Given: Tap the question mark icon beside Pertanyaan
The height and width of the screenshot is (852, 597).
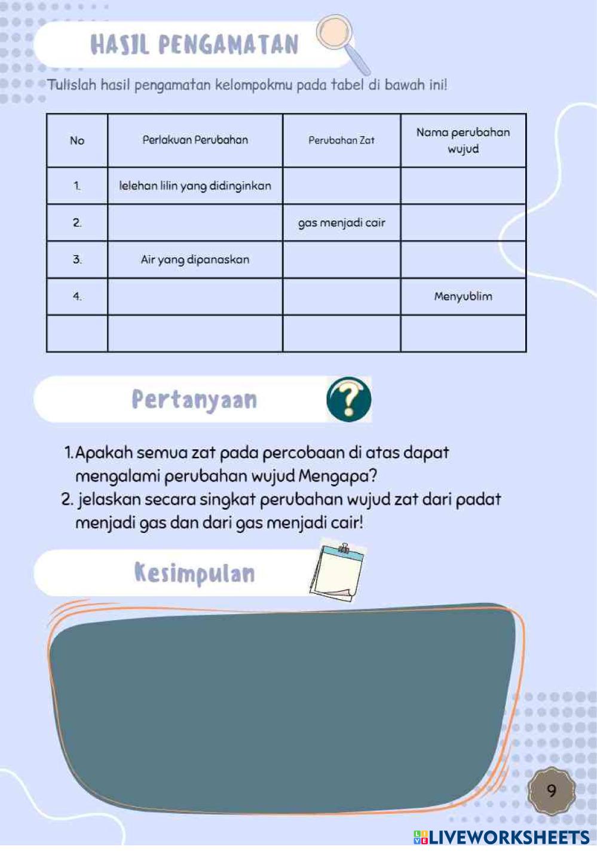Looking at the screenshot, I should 349,399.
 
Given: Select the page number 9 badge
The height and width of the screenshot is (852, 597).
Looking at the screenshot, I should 552,790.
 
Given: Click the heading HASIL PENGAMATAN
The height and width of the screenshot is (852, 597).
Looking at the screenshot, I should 194,45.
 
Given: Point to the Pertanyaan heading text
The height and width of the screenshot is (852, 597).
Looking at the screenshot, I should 194,400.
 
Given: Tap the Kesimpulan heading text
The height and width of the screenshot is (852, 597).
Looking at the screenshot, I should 194,572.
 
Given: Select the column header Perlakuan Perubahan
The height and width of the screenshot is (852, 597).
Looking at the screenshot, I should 195,140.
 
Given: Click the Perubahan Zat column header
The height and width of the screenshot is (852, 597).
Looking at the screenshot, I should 341,140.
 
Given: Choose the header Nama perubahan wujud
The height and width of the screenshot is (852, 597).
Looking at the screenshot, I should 463,140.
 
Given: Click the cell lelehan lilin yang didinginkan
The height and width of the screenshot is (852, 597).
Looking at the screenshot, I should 195,186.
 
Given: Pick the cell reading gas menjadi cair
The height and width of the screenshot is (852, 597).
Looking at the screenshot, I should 341,223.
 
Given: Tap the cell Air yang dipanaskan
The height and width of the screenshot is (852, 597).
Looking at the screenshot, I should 195,259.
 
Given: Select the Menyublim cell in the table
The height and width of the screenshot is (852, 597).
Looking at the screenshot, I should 463,296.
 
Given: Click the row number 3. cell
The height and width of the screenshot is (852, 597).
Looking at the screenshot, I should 77,259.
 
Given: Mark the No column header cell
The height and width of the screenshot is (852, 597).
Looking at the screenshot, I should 77,140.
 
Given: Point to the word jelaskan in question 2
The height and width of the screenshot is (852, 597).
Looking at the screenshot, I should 109,499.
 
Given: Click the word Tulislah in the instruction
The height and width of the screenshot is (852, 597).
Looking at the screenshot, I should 72,85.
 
